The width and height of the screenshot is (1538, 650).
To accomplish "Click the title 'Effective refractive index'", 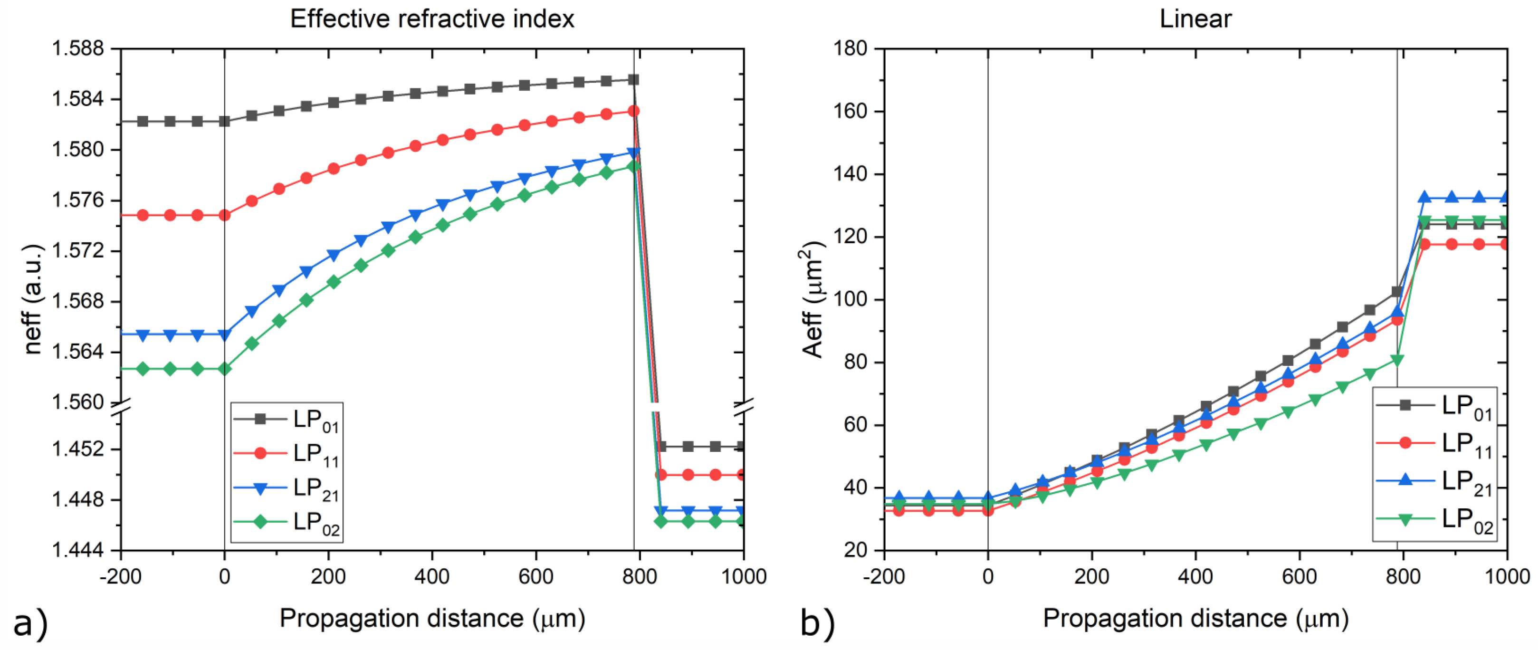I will click(x=432, y=19).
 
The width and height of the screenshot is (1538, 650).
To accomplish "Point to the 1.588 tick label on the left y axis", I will click(x=77, y=48).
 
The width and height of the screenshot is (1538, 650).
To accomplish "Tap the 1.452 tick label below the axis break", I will click(x=77, y=449).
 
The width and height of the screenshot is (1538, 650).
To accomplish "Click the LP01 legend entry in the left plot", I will click(x=287, y=420).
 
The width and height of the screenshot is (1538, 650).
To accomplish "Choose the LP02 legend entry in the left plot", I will click(x=287, y=522).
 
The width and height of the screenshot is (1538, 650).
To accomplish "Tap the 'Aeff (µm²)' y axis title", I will click(x=812, y=298).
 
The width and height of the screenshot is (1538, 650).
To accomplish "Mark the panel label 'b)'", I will click(x=817, y=624).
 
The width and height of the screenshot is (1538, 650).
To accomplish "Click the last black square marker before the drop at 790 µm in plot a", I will click(x=633, y=80).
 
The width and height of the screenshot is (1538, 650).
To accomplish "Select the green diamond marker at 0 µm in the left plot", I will click(x=224, y=370).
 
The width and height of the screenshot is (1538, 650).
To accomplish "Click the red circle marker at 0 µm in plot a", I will click(x=224, y=215).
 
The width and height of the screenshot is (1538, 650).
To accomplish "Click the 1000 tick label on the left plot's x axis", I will click(x=743, y=576).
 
